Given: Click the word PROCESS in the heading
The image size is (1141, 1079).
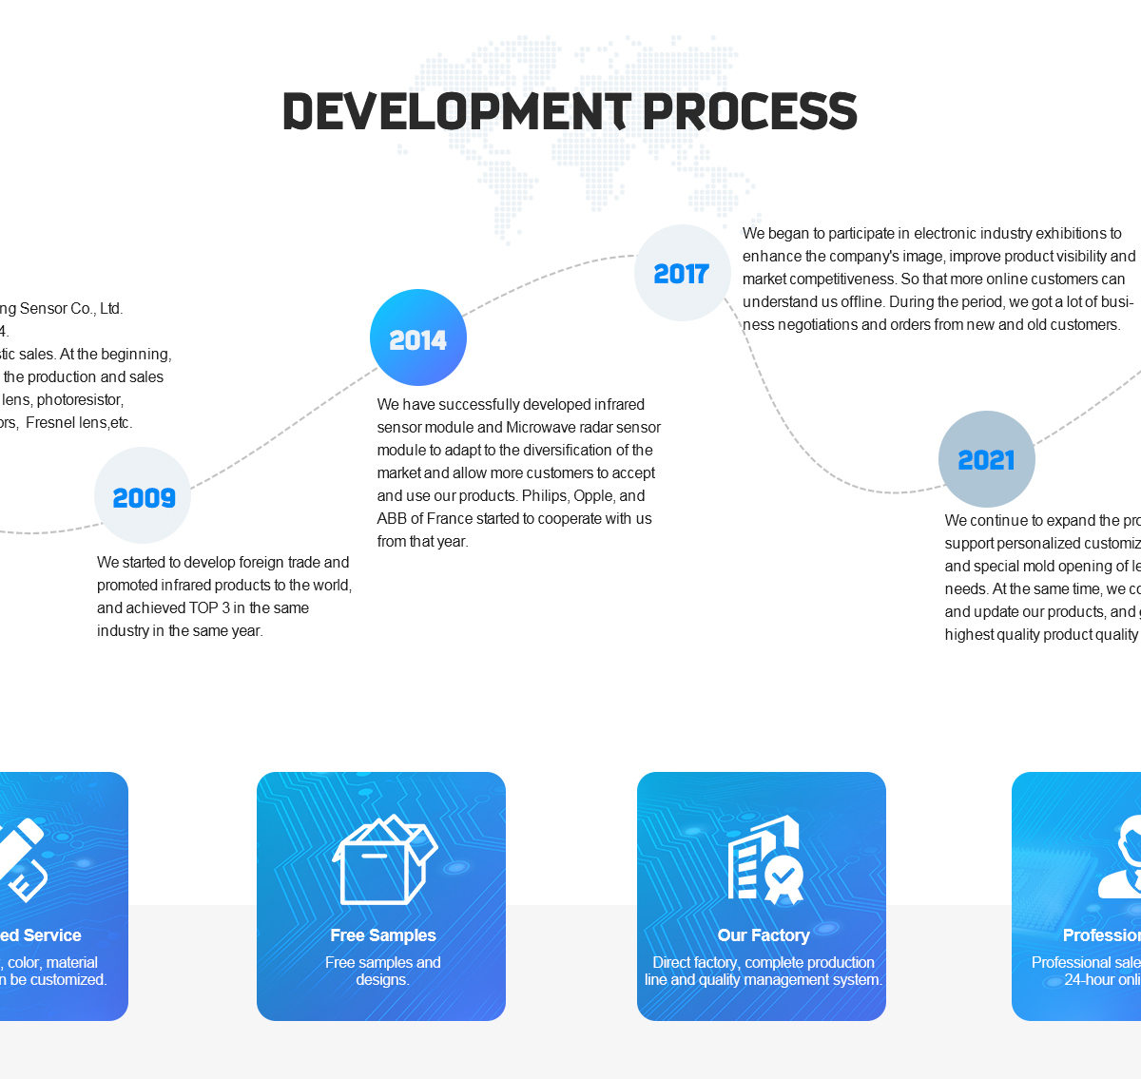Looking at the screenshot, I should [750, 111].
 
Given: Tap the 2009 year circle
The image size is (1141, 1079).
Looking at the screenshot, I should [143, 496].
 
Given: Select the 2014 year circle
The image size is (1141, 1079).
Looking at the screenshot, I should [418, 338].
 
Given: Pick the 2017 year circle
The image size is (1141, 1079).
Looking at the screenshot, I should [682, 274].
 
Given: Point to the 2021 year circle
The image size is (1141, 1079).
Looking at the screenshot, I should [987, 459].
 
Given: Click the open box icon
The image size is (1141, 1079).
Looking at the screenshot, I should [383, 859].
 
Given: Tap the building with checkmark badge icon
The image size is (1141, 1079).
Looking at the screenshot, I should [765, 859].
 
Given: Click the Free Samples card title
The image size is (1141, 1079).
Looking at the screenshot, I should [382, 935].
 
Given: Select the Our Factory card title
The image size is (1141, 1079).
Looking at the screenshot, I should [764, 935].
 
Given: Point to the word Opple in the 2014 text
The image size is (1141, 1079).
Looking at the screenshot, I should [593, 496].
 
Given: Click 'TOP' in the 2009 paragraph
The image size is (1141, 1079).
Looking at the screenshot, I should [203, 608].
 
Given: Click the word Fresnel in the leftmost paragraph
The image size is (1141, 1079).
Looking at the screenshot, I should [51, 423].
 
